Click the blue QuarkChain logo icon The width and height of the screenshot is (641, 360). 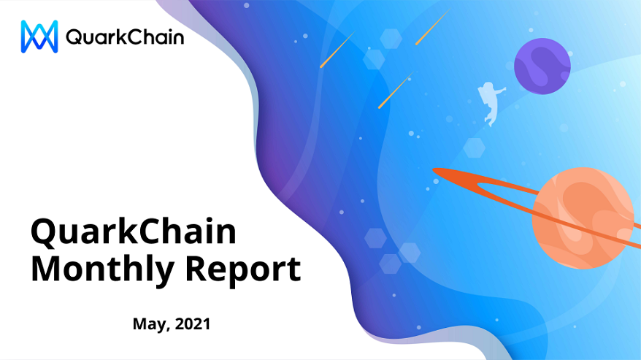39,37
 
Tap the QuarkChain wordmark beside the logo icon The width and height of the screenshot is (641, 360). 125,37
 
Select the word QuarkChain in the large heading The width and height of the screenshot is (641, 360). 134,232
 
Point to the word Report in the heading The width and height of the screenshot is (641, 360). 243,270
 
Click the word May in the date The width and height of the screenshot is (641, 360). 150,324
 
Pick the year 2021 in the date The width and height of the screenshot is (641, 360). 193,323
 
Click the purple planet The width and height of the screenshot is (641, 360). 542,66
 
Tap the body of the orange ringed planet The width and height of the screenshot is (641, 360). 583,218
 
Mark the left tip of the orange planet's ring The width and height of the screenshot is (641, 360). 434,170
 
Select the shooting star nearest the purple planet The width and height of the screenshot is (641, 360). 432,26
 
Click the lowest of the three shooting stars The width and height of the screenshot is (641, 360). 396,90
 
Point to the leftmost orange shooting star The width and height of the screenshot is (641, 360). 338,50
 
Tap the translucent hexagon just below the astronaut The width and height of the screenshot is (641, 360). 475,148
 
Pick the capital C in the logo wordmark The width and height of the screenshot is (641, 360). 131,37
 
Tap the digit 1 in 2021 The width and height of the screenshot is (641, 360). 207,323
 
